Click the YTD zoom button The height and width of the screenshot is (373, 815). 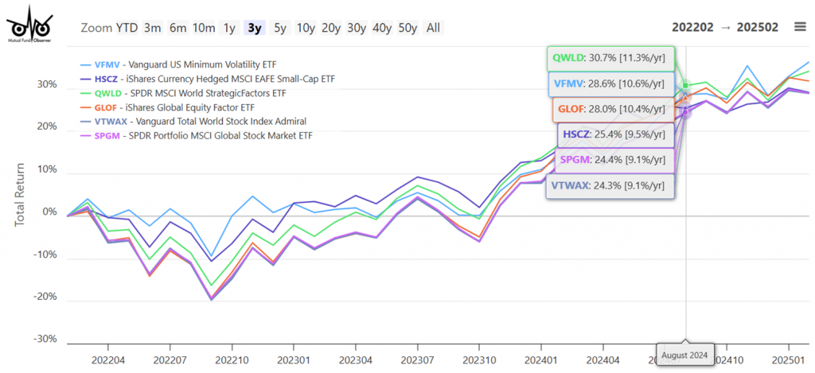(127, 28)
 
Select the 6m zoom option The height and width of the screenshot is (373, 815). (178, 28)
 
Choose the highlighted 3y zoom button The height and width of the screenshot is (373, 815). (255, 28)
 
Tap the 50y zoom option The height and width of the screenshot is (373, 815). (407, 28)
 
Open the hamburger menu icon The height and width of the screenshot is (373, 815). (800, 27)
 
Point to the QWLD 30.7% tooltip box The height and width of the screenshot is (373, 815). (610, 58)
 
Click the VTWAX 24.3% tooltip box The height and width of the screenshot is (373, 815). (610, 186)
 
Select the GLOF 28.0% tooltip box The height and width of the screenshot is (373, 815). (610, 109)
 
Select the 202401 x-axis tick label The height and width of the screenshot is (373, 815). (541, 359)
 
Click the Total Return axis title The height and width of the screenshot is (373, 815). (20, 195)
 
